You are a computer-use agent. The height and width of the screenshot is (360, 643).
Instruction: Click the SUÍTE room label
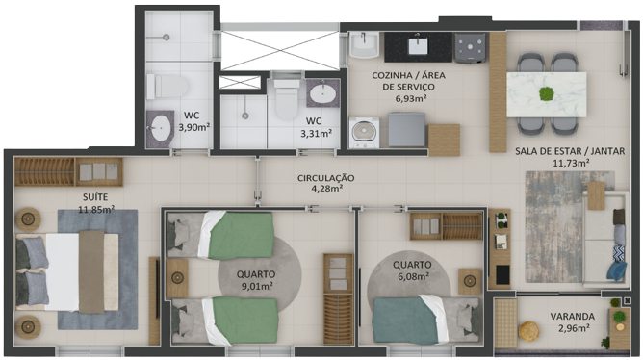coord(95,197)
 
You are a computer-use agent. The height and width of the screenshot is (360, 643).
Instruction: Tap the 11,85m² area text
coord(96,209)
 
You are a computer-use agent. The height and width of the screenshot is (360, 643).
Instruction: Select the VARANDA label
coord(573,317)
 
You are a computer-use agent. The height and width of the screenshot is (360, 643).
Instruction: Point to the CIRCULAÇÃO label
coord(326,178)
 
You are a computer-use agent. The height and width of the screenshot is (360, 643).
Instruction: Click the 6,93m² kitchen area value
coord(411,98)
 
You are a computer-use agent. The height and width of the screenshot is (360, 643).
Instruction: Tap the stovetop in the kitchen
coord(470,47)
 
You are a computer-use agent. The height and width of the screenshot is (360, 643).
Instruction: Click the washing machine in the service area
coord(364,132)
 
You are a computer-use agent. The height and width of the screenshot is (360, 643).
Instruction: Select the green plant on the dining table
coord(546,94)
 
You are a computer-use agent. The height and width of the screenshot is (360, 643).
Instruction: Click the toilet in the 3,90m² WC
coord(167,86)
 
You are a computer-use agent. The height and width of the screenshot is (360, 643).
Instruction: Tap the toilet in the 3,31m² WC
coord(287,99)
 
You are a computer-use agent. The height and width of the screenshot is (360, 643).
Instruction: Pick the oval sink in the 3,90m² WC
coord(161,128)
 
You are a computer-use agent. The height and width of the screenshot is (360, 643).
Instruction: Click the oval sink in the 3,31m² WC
coord(322,94)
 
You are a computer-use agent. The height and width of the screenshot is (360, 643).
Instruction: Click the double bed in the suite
coord(67,271)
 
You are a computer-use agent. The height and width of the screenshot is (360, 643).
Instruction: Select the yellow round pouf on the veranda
coord(529,331)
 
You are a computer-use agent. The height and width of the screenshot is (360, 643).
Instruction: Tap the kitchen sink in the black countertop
coord(418,45)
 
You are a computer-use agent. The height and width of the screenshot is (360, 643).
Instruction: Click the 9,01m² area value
coord(257,286)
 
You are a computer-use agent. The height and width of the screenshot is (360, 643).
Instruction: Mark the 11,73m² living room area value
coord(571,164)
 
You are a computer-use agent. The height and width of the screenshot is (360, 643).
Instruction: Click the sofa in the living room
coord(604,239)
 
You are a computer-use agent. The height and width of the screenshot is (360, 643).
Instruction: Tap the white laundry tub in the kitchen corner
coord(364,45)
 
